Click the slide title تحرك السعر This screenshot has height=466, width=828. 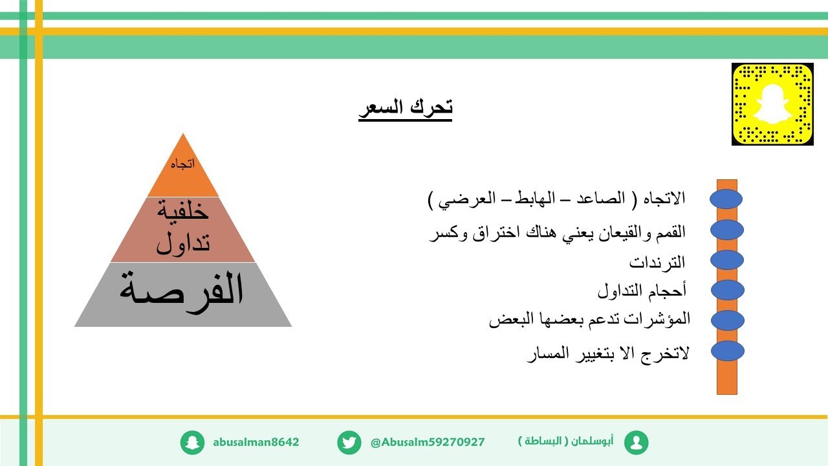click(406, 107)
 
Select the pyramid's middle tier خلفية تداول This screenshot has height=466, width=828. click(184, 227)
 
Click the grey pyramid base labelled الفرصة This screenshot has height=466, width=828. click(183, 293)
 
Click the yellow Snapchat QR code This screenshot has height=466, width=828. click(772, 104)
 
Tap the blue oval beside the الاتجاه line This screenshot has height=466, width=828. click(726, 199)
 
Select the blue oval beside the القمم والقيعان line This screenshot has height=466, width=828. click(727, 230)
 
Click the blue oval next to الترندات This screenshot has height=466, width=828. click(727, 260)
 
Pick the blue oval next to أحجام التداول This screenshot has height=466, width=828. click(727, 290)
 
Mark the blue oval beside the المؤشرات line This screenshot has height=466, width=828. click(727, 320)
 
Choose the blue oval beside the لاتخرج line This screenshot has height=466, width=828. click(727, 351)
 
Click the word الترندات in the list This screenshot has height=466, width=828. click(657, 263)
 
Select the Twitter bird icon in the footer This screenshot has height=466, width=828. click(349, 443)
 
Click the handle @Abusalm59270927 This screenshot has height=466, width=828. click(428, 443)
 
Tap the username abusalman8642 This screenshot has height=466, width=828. click(256, 443)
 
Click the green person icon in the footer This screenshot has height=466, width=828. click(637, 443)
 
